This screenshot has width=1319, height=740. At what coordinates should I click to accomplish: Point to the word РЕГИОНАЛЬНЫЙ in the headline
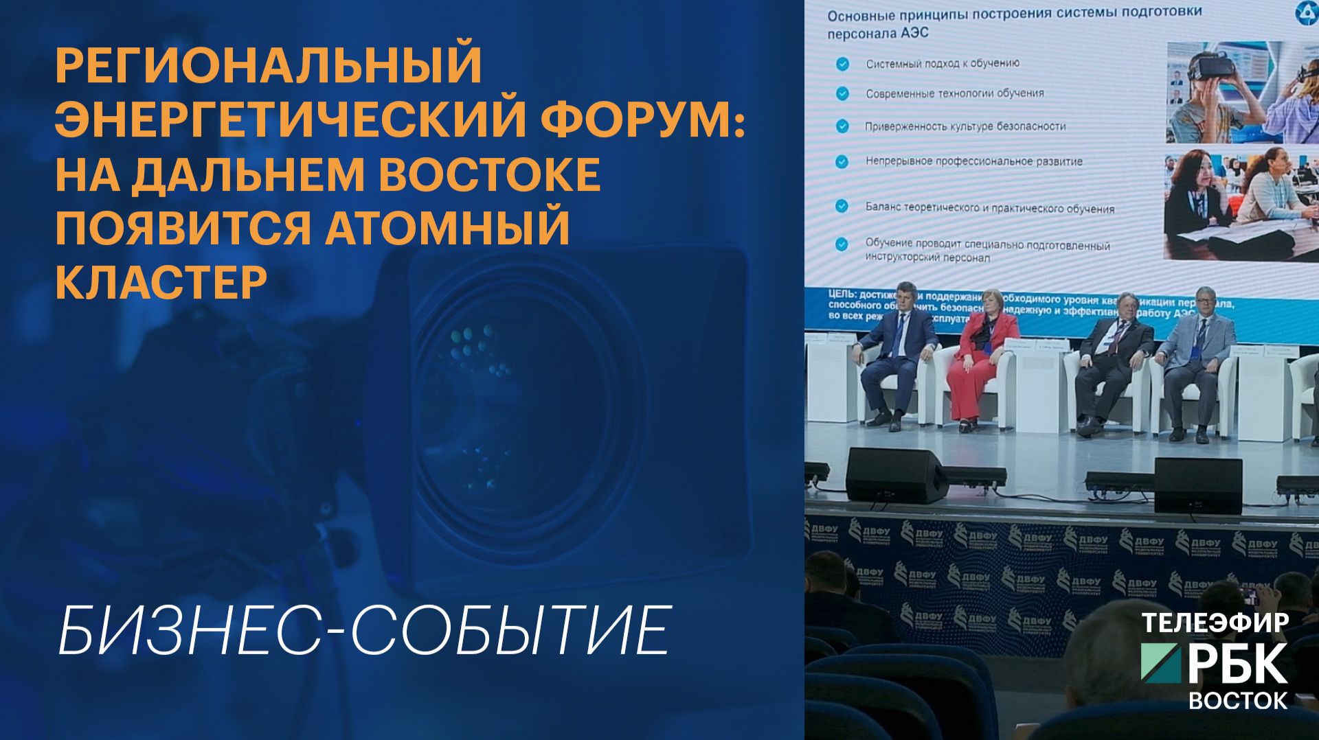269,65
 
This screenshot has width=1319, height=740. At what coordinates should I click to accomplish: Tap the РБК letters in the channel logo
1237,664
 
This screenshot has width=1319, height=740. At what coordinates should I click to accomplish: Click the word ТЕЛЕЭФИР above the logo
1215,622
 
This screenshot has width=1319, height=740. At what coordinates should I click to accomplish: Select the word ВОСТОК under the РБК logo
1238,700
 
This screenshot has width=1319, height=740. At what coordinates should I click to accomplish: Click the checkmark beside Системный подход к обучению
842,65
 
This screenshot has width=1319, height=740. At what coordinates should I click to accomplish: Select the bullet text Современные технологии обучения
954,93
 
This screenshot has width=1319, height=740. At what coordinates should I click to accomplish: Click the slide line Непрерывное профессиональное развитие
973,161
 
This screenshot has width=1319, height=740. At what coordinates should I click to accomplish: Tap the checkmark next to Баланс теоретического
842,206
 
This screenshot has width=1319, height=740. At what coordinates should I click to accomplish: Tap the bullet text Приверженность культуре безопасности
965,126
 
